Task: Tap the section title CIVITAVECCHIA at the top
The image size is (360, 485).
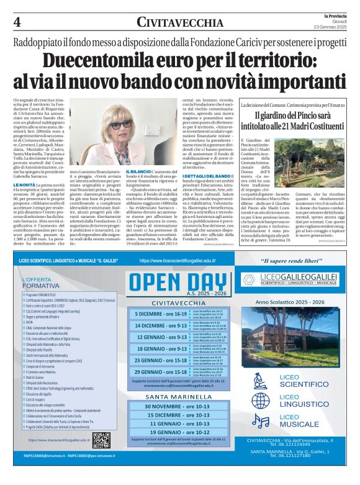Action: coord(179,23)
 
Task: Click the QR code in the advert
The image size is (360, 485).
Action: coord(101,440)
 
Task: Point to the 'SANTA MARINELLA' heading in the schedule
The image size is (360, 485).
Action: coord(179,396)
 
